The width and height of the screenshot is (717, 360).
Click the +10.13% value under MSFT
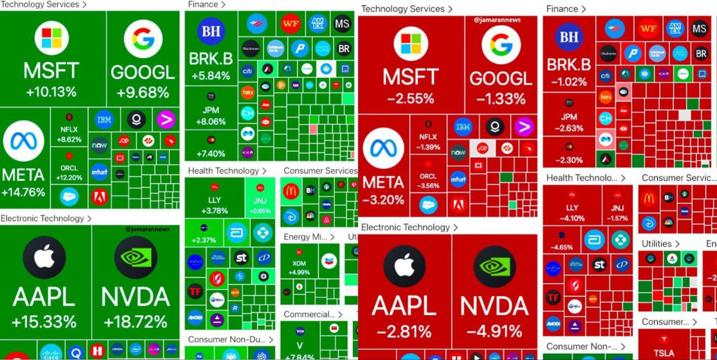pyautogui.click(x=50, y=92)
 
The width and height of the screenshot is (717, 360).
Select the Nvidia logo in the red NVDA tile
pyautogui.click(x=495, y=267)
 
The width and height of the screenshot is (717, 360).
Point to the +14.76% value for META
pyautogui.click(x=23, y=193)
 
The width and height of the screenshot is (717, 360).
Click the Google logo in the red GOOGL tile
pyautogui.click(x=500, y=45)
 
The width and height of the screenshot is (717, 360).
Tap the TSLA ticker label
pyautogui.click(x=664, y=353)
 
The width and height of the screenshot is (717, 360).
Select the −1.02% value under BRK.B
pyautogui.click(x=569, y=82)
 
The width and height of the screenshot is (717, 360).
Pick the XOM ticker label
pyautogui.click(x=299, y=263)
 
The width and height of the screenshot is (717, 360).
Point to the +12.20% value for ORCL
pyautogui.click(x=69, y=178)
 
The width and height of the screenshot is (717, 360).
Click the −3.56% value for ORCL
pyautogui.click(x=428, y=186)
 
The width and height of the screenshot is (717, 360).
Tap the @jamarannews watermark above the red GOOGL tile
pyautogui.click(x=497, y=20)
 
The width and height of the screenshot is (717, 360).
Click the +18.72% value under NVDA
pyautogui.click(x=135, y=322)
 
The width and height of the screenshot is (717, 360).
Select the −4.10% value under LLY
pyautogui.click(x=572, y=218)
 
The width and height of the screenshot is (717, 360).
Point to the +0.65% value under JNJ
pyautogui.click(x=260, y=211)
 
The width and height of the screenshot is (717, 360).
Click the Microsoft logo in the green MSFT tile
pyautogui.click(x=52, y=38)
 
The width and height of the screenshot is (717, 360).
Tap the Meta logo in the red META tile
pyautogui.click(x=383, y=150)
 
